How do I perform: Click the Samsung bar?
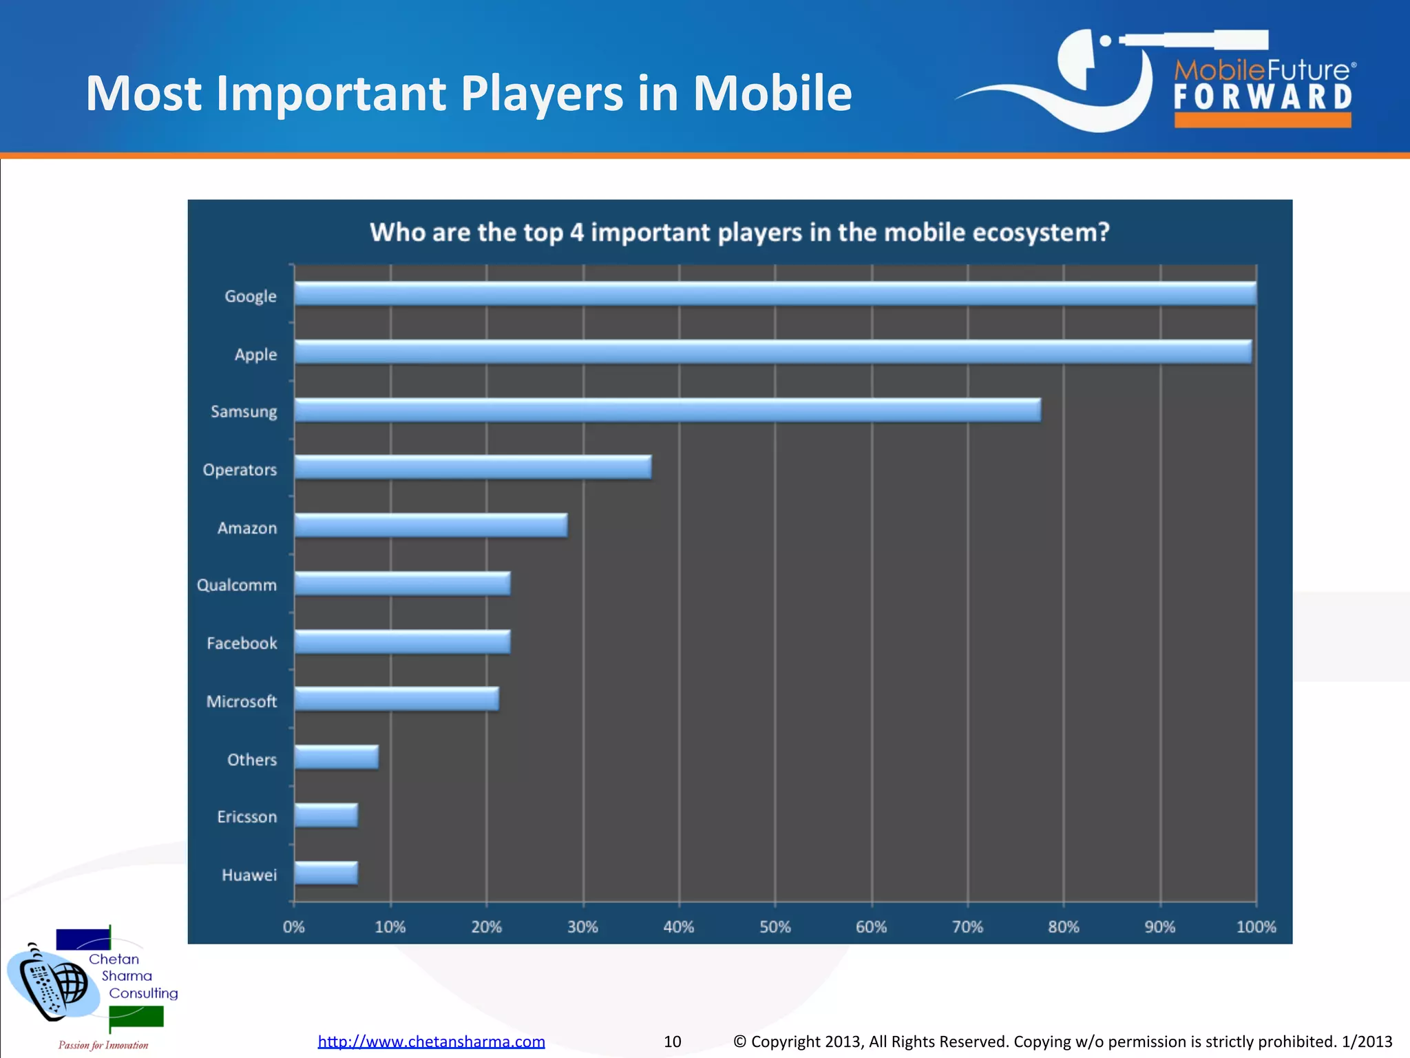pyautogui.click(x=667, y=410)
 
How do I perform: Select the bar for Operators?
pyautogui.click(x=472, y=467)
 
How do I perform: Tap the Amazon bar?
pyautogui.click(x=430, y=526)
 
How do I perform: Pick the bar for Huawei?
pyautogui.click(x=326, y=873)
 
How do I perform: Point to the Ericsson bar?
pyautogui.click(x=326, y=816)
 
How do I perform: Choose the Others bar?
pyautogui.click(x=336, y=757)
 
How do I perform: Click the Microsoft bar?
pyautogui.click(x=396, y=699)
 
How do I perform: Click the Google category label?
pyautogui.click(x=251, y=296)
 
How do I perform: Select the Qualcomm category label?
pyautogui.click(x=237, y=585)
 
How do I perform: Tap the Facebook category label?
pyautogui.click(x=242, y=643)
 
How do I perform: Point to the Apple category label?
pyautogui.click(x=255, y=355)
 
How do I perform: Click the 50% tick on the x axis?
pyautogui.click(x=775, y=927)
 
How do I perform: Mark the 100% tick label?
pyautogui.click(x=1256, y=927)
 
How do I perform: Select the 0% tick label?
pyautogui.click(x=294, y=927)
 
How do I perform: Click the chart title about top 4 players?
pyautogui.click(x=739, y=233)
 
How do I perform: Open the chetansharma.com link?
pyautogui.click(x=431, y=1041)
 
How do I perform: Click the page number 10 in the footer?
pyautogui.click(x=672, y=1041)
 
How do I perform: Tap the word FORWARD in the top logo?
pyautogui.click(x=1263, y=98)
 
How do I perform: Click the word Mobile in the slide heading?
pyautogui.click(x=772, y=94)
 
